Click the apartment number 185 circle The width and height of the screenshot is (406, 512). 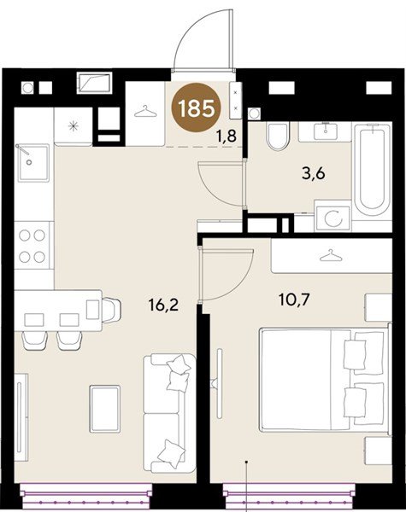coord(197,108)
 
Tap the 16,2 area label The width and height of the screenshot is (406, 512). coord(163,305)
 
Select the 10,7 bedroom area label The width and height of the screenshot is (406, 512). coord(294,300)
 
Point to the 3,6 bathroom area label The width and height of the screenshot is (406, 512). coord(314,173)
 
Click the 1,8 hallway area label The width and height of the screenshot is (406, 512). coord(226,136)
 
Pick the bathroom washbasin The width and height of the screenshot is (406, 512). coord(325,131)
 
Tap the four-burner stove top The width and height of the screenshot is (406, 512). coord(32,245)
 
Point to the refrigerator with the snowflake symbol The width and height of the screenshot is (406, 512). coord(74,126)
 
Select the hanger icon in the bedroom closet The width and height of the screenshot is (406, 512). coord(331,255)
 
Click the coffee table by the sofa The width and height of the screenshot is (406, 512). coord(104,409)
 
